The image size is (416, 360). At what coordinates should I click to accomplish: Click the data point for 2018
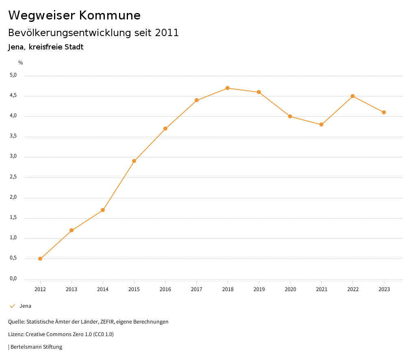(227, 88)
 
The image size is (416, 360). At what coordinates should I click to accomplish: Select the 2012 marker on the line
(40, 259)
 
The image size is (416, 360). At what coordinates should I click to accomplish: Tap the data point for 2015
(134, 161)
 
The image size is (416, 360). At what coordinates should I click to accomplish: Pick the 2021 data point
(321, 124)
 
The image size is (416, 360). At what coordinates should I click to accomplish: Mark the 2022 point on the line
(353, 96)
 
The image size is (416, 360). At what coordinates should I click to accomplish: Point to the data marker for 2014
(103, 210)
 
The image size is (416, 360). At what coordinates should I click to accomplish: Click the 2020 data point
(290, 116)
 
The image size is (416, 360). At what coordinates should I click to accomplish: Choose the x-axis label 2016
(165, 289)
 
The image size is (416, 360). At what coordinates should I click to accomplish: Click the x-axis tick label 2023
(384, 289)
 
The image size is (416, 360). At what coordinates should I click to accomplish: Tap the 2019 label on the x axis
(259, 289)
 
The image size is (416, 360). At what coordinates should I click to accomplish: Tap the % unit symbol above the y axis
(21, 62)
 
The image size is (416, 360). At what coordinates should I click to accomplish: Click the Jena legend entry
(25, 306)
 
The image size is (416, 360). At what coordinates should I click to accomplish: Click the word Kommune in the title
(110, 15)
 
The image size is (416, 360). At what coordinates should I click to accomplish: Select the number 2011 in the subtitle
(167, 33)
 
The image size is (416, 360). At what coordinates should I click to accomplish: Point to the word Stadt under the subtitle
(74, 47)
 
